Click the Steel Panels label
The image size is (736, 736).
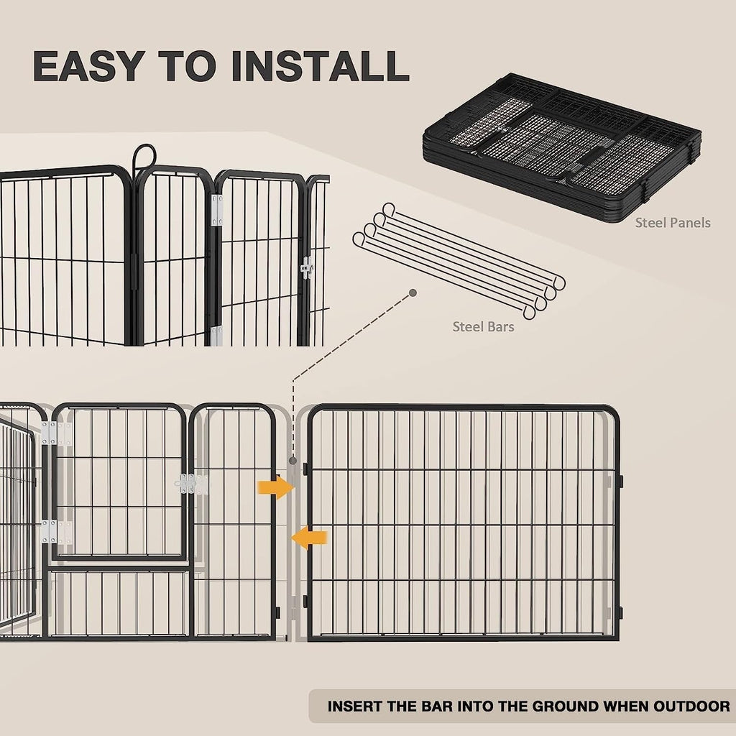click(x=672, y=223)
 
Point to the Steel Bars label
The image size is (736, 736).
click(x=483, y=327)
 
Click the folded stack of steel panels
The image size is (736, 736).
click(x=561, y=147)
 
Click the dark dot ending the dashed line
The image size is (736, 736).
click(x=413, y=293)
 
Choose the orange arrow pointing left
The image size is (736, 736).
click(x=309, y=537)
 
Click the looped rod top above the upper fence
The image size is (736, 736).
click(x=144, y=155)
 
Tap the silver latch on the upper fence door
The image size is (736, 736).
click(x=307, y=267)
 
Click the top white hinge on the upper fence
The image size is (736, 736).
click(x=216, y=210)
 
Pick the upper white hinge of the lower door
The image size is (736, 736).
click(x=56, y=433)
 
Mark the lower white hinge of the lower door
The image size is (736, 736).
click(x=56, y=532)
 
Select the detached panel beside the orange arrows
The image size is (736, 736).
click(x=463, y=523)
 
